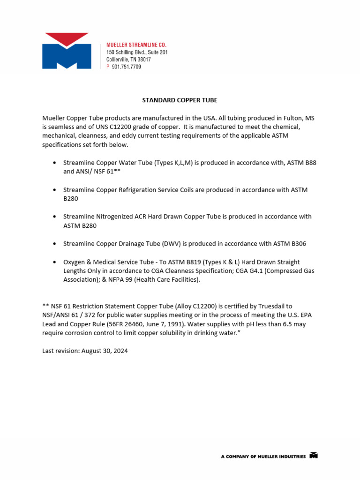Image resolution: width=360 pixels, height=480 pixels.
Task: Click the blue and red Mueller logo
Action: point(66,51)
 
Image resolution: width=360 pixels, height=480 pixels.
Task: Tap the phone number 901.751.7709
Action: point(126,67)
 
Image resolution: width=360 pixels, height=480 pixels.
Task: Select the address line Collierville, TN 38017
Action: point(128,60)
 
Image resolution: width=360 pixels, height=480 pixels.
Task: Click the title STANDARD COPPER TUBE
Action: point(180,100)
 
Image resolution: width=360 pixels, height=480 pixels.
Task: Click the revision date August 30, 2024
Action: point(103,351)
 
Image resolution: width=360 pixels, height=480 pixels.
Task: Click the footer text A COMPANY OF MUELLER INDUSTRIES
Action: point(263,456)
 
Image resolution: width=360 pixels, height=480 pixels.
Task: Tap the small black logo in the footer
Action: point(314,456)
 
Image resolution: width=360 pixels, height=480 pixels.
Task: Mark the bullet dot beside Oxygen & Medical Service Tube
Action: point(55,262)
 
